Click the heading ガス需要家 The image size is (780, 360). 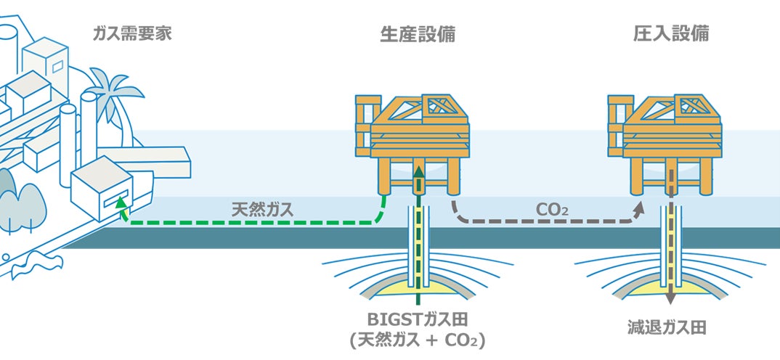pyautogui.click(x=132, y=33)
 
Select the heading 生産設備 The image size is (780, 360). pyautogui.click(x=418, y=33)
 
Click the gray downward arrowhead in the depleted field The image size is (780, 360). pyautogui.click(x=671, y=298)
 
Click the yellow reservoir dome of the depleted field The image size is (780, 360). pyautogui.click(x=654, y=290)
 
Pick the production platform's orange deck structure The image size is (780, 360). pyautogui.click(x=414, y=131)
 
